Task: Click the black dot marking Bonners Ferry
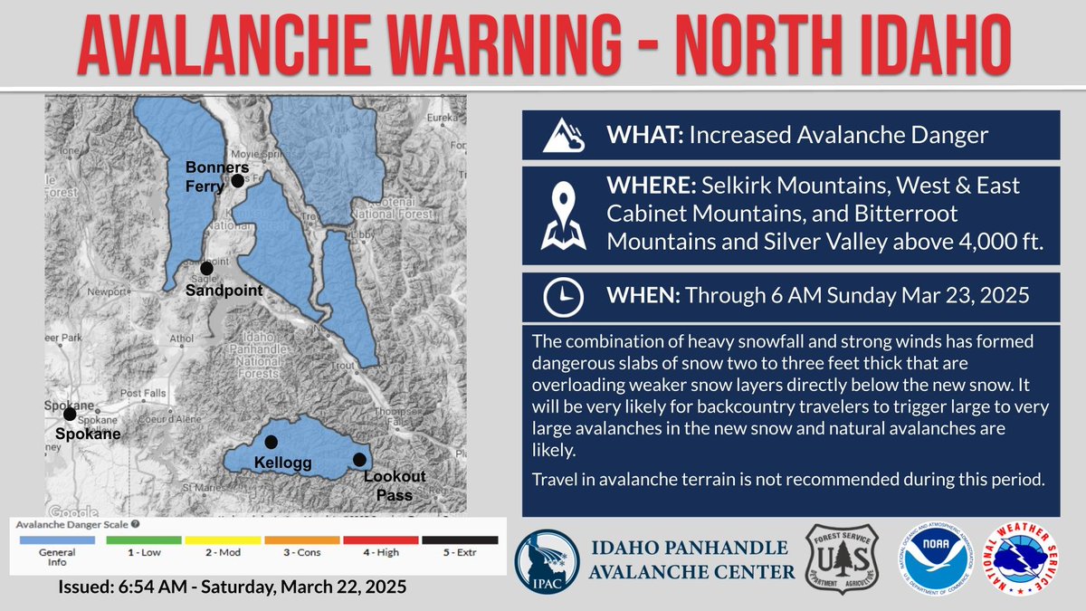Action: (237, 181)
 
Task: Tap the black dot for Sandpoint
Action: (207, 268)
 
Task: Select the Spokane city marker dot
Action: (70, 414)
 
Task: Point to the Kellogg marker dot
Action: (271, 442)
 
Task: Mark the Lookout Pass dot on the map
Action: (359, 460)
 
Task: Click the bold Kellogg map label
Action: (282, 463)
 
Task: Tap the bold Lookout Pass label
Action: (395, 485)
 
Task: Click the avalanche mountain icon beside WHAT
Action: (564, 136)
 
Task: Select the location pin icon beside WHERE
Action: (563, 215)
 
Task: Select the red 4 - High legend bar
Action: (381, 540)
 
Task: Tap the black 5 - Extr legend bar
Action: (459, 540)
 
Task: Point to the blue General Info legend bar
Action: (56, 540)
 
